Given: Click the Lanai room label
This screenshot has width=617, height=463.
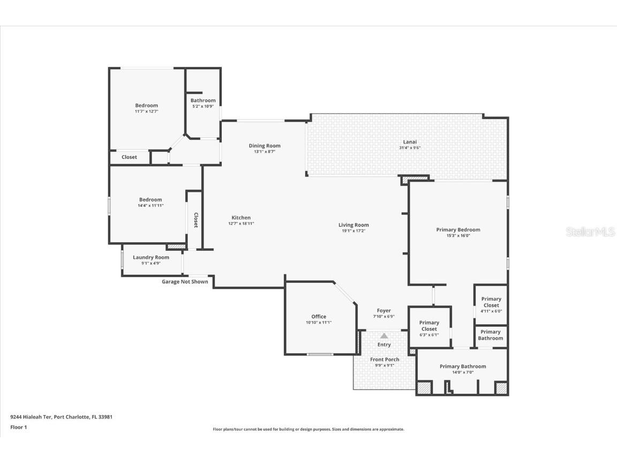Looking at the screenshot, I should pyautogui.click(x=406, y=142).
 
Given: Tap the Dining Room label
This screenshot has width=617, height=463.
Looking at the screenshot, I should pyautogui.click(x=265, y=146).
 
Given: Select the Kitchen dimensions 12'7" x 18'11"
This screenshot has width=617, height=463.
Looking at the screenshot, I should pyautogui.click(x=241, y=223).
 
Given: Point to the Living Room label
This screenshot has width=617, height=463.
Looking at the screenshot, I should pyautogui.click(x=353, y=225).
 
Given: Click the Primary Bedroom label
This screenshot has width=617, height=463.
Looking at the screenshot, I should pyautogui.click(x=458, y=230).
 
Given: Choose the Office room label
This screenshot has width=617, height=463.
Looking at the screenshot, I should pyautogui.click(x=319, y=317).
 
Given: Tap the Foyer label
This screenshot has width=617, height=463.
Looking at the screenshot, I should pyautogui.click(x=384, y=311).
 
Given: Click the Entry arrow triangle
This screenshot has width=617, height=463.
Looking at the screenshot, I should pyautogui.click(x=384, y=335).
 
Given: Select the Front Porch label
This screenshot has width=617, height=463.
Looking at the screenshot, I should pyautogui.click(x=384, y=360).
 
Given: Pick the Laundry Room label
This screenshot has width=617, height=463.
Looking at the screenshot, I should pyautogui.click(x=151, y=257).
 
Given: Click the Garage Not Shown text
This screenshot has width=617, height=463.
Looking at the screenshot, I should pyautogui.click(x=185, y=282).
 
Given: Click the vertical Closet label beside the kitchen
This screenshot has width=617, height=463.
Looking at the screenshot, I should pyautogui.click(x=195, y=220).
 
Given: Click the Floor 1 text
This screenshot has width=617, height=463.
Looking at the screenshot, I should pyautogui.click(x=18, y=427).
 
